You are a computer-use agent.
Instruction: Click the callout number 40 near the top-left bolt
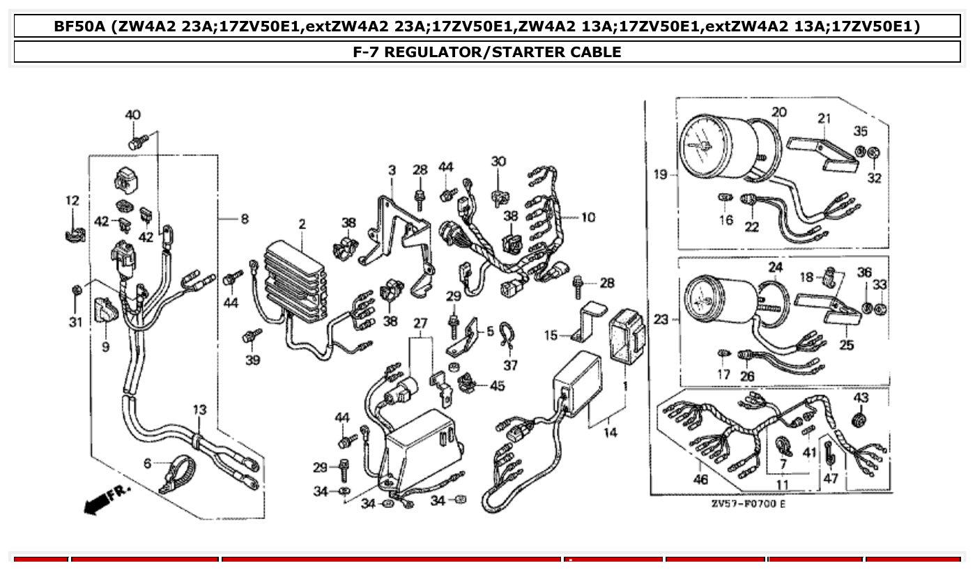point(132,115)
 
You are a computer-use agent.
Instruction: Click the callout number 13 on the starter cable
point(200,410)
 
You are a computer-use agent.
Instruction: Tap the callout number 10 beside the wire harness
point(588,217)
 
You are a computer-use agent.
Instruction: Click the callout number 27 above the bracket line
point(420,323)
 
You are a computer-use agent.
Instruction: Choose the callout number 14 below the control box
point(610,433)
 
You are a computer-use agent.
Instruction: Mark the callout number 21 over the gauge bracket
point(824,118)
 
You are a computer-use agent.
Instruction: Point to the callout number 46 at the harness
point(700,479)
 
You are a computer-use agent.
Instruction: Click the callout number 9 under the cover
point(105,346)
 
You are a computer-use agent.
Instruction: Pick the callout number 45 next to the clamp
point(497,385)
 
